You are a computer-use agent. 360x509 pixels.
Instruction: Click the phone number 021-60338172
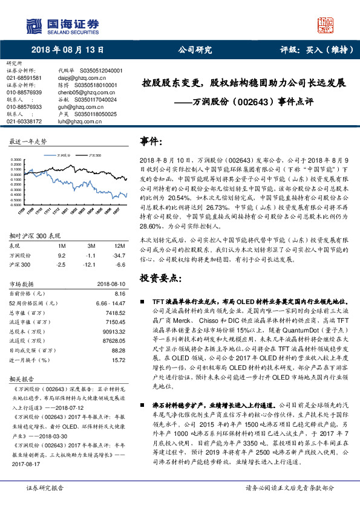pos(24,121)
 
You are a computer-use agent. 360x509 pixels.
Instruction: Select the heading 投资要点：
pos(160,279)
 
